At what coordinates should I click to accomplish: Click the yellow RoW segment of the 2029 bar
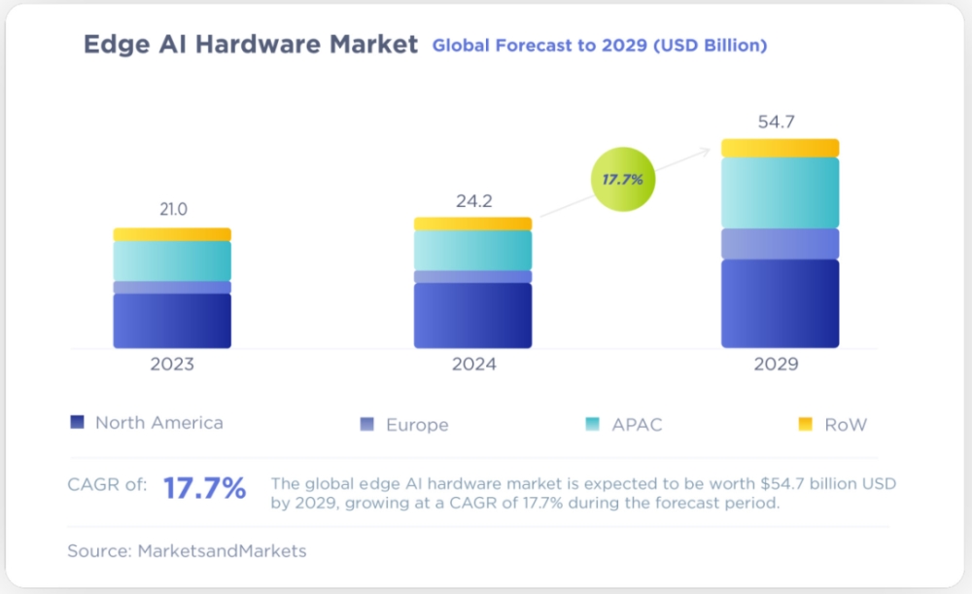[780, 148]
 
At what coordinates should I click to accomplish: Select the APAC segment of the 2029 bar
[780, 192]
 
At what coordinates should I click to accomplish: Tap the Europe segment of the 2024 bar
[472, 277]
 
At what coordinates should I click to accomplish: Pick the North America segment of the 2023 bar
[172, 321]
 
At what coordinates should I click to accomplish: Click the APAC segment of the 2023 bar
[172, 261]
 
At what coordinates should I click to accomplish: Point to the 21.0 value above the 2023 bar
[173, 209]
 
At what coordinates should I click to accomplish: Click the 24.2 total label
[473, 201]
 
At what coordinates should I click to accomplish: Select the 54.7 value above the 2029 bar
[779, 122]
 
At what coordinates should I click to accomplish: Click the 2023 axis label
[172, 365]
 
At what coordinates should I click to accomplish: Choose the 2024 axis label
[473, 365]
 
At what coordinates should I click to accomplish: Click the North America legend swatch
[78, 422]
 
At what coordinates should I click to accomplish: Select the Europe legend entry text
[417, 425]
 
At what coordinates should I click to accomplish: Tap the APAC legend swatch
[592, 424]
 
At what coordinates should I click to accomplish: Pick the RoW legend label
[845, 425]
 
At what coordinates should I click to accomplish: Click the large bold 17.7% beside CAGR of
[204, 488]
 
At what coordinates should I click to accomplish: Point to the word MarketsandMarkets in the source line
[222, 551]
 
